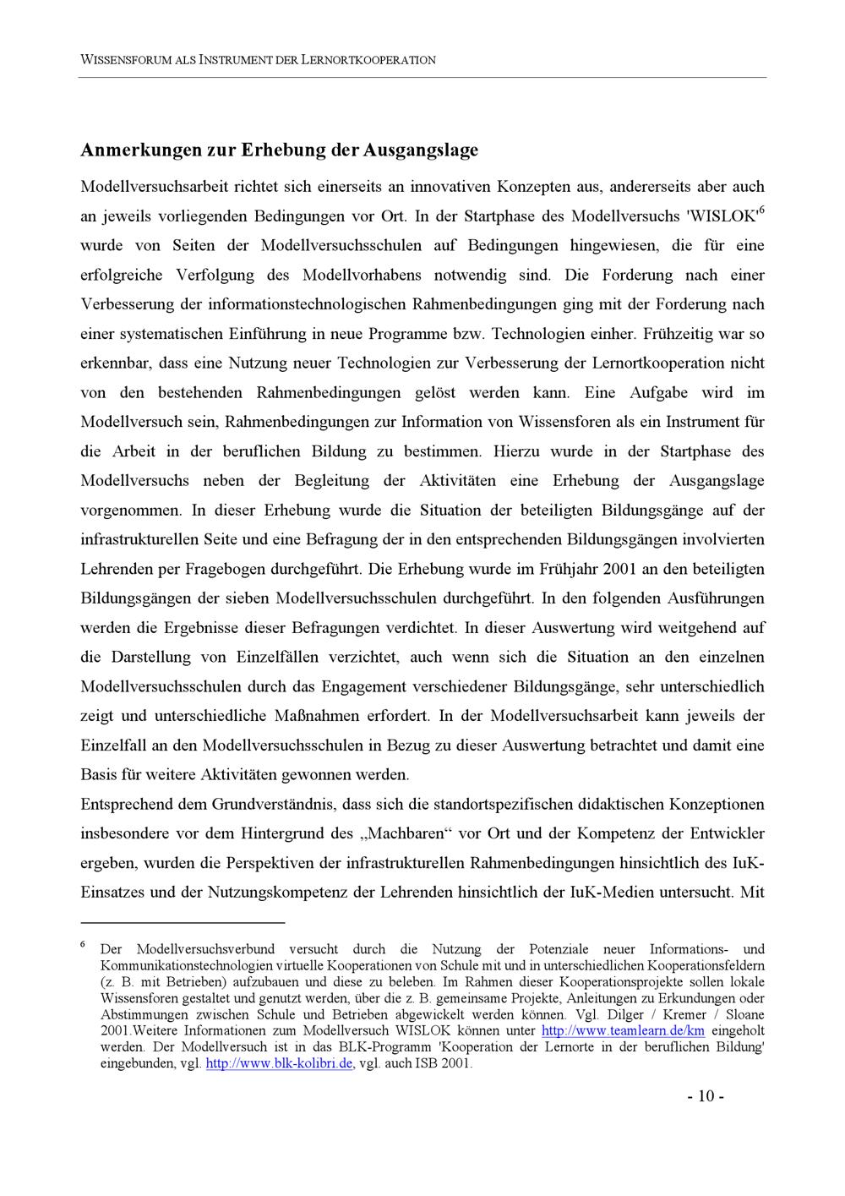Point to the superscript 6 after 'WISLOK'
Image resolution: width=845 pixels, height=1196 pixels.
(761, 210)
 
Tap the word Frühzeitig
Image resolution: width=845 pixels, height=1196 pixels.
(678, 334)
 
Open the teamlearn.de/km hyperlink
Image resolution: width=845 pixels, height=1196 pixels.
(623, 1031)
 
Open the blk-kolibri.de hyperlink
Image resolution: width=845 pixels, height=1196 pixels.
(279, 1063)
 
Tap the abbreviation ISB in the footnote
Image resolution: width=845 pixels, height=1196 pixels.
(419, 1063)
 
